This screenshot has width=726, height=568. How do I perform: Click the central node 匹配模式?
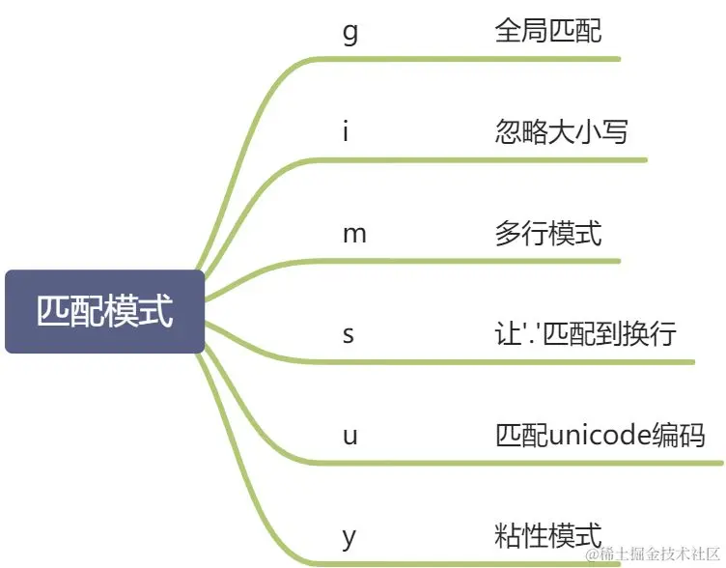[104, 312]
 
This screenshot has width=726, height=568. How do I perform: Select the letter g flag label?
[349, 33]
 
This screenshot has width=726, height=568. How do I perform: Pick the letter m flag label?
[354, 234]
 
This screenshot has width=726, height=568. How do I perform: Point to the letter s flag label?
[349, 335]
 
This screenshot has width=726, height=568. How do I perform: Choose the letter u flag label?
[349, 436]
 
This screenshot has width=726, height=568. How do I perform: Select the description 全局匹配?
[547, 31]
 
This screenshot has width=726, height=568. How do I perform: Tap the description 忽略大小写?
[561, 131]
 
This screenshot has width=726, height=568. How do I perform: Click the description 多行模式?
[547, 233]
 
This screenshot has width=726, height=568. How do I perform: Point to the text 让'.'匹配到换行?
[586, 334]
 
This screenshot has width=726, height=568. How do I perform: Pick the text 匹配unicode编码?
[600, 435]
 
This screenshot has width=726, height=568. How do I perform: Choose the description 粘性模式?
[547, 534]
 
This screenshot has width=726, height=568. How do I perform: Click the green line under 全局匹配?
[483, 59]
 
